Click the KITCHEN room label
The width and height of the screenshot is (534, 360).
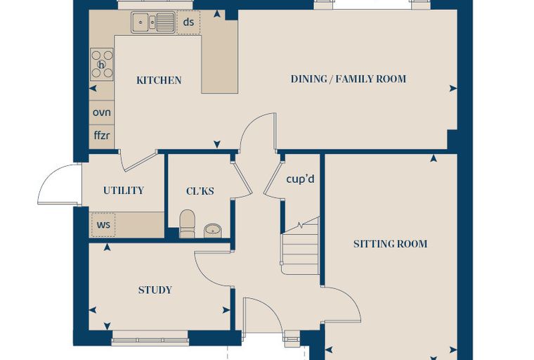[159, 80]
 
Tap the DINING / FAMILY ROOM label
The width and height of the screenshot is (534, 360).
[349, 79]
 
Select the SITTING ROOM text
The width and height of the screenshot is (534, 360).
[390, 244]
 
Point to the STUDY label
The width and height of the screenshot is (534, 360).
[155, 290]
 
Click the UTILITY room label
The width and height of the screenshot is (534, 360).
[124, 191]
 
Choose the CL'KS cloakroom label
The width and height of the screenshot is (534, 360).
[200, 191]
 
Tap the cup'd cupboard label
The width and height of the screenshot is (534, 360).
[301, 179]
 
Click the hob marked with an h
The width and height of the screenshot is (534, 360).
[102, 64]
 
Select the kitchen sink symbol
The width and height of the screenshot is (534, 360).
[153, 22]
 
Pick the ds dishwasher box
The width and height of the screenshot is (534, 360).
[188, 22]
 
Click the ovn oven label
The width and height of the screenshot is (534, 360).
[102, 112]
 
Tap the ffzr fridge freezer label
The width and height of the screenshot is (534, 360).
[102, 135]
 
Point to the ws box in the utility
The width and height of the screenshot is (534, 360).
[103, 225]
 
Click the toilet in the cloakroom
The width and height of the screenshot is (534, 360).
[187, 224]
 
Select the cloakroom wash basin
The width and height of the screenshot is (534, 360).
[213, 231]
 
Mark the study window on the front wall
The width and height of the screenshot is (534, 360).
[150, 339]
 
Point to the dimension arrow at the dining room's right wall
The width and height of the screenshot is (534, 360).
[453, 89]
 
